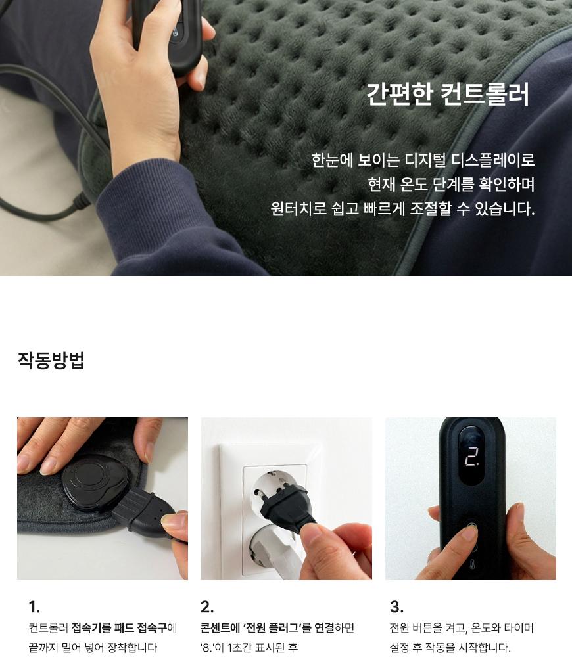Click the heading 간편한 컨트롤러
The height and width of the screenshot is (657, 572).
(x=448, y=94)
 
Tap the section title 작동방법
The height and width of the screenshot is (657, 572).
(x=51, y=360)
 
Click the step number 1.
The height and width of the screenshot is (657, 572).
(x=34, y=606)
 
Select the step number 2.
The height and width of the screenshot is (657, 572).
(x=207, y=606)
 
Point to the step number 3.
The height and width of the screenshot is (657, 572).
(x=396, y=606)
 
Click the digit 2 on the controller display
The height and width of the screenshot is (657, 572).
(x=472, y=457)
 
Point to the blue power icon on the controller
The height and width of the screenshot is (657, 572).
(x=175, y=32)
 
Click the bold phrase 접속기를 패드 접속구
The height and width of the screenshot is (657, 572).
(x=119, y=628)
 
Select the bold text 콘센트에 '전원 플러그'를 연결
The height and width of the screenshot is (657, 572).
(x=267, y=628)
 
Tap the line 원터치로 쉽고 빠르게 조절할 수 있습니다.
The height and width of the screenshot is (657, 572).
(x=402, y=208)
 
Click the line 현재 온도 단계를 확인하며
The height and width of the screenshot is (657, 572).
(x=451, y=184)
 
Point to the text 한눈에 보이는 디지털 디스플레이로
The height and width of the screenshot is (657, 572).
(x=423, y=160)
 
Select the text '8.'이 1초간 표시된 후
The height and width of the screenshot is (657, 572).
(x=249, y=648)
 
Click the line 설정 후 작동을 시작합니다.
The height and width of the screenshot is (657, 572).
(x=450, y=648)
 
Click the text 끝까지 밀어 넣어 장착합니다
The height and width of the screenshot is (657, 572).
(x=93, y=648)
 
